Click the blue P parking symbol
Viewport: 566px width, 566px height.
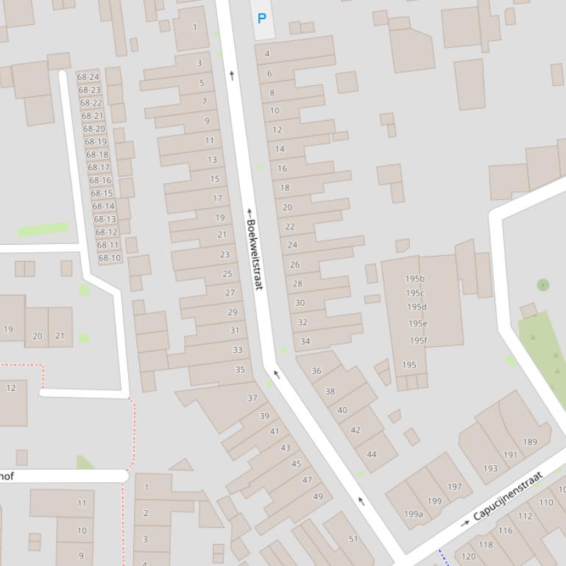click(261, 18)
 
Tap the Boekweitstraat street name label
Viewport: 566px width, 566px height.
click(254, 254)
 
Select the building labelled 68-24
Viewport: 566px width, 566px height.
click(88, 77)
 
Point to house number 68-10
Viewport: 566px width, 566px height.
click(110, 258)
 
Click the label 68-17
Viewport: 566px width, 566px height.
click(99, 168)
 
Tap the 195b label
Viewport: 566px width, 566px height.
click(415, 279)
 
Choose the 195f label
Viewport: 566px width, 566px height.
click(418, 340)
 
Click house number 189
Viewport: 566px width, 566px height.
click(530, 442)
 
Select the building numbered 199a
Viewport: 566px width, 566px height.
click(413, 514)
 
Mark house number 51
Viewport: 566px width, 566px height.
click(353, 539)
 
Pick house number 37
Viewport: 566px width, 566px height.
click(252, 398)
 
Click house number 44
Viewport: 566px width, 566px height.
click(372, 454)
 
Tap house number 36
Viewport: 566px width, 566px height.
click(316, 370)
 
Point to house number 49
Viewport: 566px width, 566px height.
click(318, 496)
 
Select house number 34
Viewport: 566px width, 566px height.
click(305, 341)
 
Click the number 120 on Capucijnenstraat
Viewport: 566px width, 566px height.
click(468, 556)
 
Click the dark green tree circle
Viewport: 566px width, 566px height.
click(543, 284)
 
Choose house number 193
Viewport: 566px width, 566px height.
click(490, 468)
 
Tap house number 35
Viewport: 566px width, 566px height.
click(240, 370)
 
